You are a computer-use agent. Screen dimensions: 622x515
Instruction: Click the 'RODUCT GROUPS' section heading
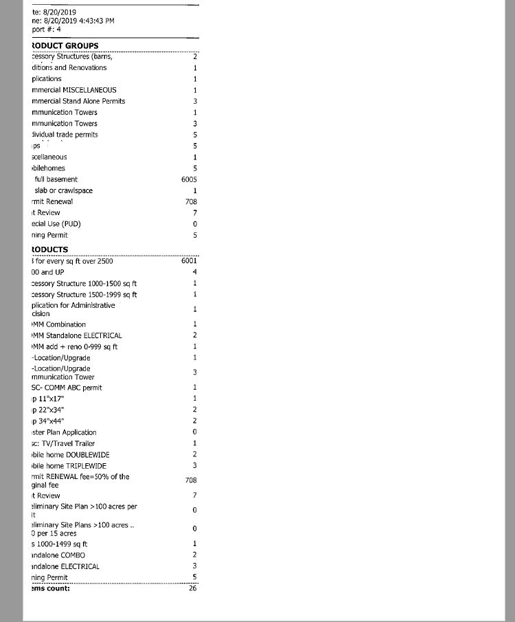(65, 45)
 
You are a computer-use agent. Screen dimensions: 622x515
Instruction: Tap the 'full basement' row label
(56, 179)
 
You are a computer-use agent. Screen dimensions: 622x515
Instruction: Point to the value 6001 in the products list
(189, 261)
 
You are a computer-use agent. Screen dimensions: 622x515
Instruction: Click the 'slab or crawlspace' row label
(63, 190)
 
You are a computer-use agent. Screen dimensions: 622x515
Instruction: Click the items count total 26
(192, 588)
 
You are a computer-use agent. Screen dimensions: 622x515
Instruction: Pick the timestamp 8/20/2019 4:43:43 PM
(73, 21)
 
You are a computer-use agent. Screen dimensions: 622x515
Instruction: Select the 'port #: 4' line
(47, 30)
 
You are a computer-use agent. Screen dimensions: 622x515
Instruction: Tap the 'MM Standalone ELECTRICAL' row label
(77, 335)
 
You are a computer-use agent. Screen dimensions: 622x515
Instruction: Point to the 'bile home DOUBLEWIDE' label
(70, 455)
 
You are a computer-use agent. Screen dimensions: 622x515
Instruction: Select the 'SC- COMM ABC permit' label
(67, 388)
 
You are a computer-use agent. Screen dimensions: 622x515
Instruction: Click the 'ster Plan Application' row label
(64, 432)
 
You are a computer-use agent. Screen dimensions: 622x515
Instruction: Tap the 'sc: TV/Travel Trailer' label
(64, 443)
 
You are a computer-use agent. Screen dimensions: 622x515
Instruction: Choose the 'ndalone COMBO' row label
(58, 555)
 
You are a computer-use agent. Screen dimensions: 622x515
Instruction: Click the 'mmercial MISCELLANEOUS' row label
(73, 90)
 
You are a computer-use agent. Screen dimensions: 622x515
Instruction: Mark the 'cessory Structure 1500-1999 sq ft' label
(84, 295)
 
